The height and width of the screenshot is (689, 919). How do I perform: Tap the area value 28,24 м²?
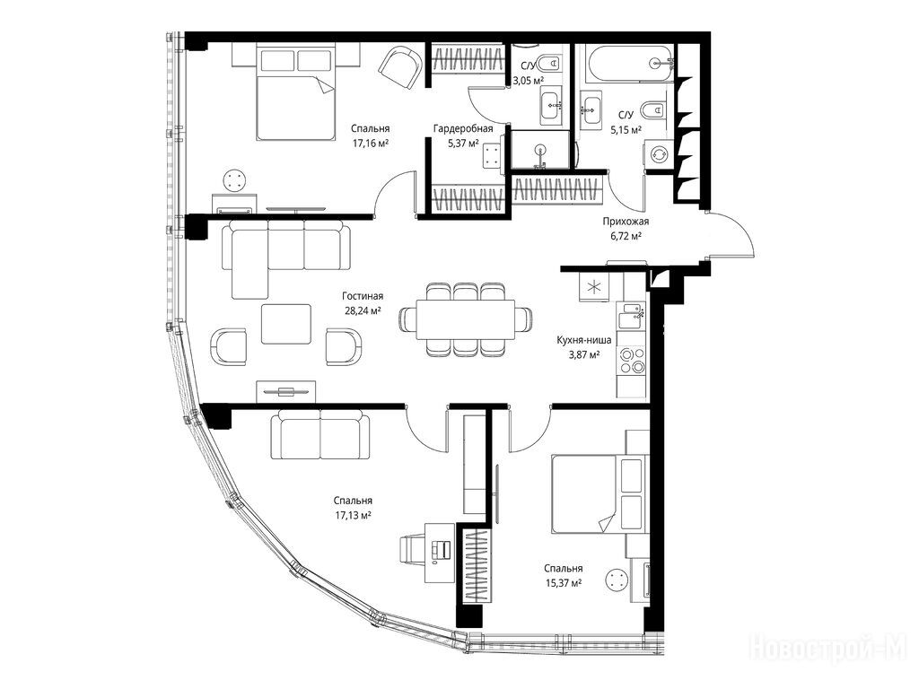click(x=363, y=311)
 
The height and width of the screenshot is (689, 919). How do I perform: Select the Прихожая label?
click(x=626, y=222)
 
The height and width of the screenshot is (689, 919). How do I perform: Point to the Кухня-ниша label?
click(x=583, y=340)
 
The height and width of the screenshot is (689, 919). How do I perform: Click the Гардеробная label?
click(x=463, y=128)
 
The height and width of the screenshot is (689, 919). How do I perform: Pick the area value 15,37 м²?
click(x=563, y=583)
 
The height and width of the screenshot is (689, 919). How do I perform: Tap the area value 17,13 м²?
click(x=353, y=516)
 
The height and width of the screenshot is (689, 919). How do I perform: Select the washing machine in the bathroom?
click(x=660, y=154)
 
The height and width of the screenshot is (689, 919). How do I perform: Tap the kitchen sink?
click(x=631, y=316)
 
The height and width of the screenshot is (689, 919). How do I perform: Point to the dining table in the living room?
click(x=466, y=319)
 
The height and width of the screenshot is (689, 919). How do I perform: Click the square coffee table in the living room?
click(x=286, y=324)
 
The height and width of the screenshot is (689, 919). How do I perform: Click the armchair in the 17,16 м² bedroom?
click(x=400, y=68)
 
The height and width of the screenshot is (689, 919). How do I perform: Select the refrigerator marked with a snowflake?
click(x=594, y=287)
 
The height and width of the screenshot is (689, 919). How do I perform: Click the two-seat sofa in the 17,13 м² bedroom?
click(x=320, y=434)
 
